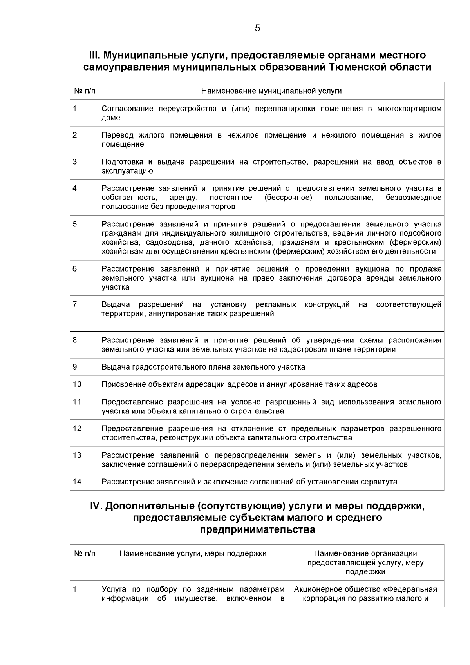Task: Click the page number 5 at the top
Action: click(x=257, y=28)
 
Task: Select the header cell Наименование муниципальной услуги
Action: click(x=271, y=91)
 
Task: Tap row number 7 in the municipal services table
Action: click(x=75, y=304)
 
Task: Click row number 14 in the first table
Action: click(x=77, y=482)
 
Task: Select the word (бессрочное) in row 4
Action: click(x=288, y=197)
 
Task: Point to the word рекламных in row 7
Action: click(x=275, y=304)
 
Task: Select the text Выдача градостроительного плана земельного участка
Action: click(x=203, y=367)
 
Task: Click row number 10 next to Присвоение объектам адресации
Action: click(x=77, y=384)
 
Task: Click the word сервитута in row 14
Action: click(x=380, y=482)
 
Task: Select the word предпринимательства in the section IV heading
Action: click(x=257, y=530)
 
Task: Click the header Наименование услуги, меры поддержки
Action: click(x=193, y=553)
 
